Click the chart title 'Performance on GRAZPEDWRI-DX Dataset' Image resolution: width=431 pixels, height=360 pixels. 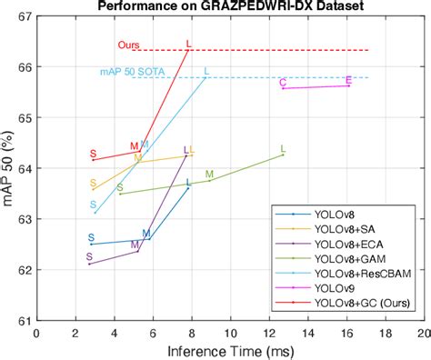coord(227,6)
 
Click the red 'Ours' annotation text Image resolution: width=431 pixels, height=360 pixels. coord(128,45)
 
